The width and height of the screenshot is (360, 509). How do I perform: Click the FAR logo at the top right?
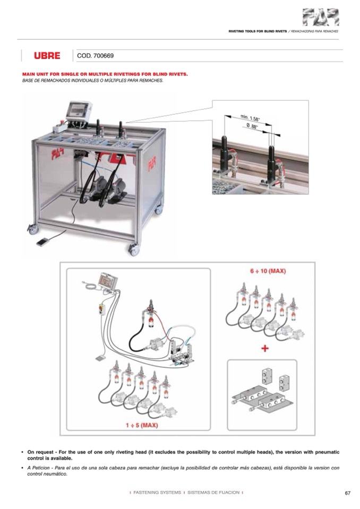pyautogui.click(x=321, y=17)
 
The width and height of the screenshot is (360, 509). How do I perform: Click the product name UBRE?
pyautogui.click(x=47, y=56)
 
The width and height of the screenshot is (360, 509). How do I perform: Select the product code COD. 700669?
pyautogui.click(x=96, y=56)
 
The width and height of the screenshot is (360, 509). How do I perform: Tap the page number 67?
pyautogui.click(x=347, y=493)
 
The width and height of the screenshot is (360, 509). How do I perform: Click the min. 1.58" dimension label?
pyautogui.click(x=250, y=118)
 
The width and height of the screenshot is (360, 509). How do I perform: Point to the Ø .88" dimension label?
pyautogui.click(x=252, y=126)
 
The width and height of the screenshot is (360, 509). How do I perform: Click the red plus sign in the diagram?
pyautogui.click(x=265, y=349)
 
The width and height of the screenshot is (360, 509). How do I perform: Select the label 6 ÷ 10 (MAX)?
pyautogui.click(x=268, y=271)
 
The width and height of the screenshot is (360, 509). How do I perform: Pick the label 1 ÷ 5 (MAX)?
pyautogui.click(x=142, y=425)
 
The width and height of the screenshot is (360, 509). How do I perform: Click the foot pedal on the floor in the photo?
pyautogui.click(x=44, y=242)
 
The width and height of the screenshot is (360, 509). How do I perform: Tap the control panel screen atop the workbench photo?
pyautogui.click(x=78, y=109)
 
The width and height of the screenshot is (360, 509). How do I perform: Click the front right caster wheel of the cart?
pyautogui.click(x=134, y=249)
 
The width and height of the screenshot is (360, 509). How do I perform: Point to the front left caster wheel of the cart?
pyautogui.click(x=33, y=229)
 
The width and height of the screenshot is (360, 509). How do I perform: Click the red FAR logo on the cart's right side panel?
pyautogui.click(x=152, y=163)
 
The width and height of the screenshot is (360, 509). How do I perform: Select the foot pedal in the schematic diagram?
pyautogui.click(x=100, y=358)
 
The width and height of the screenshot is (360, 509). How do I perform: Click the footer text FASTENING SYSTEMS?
pyautogui.click(x=157, y=493)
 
